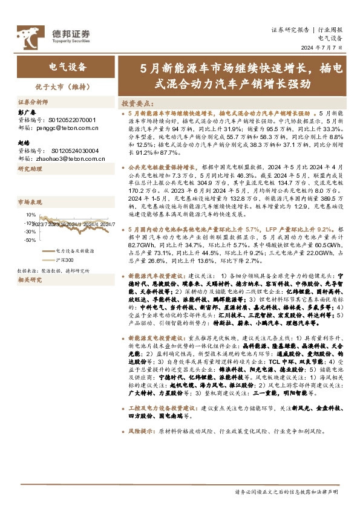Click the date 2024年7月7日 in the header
pos(324,47)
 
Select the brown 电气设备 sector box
pos(67,66)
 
